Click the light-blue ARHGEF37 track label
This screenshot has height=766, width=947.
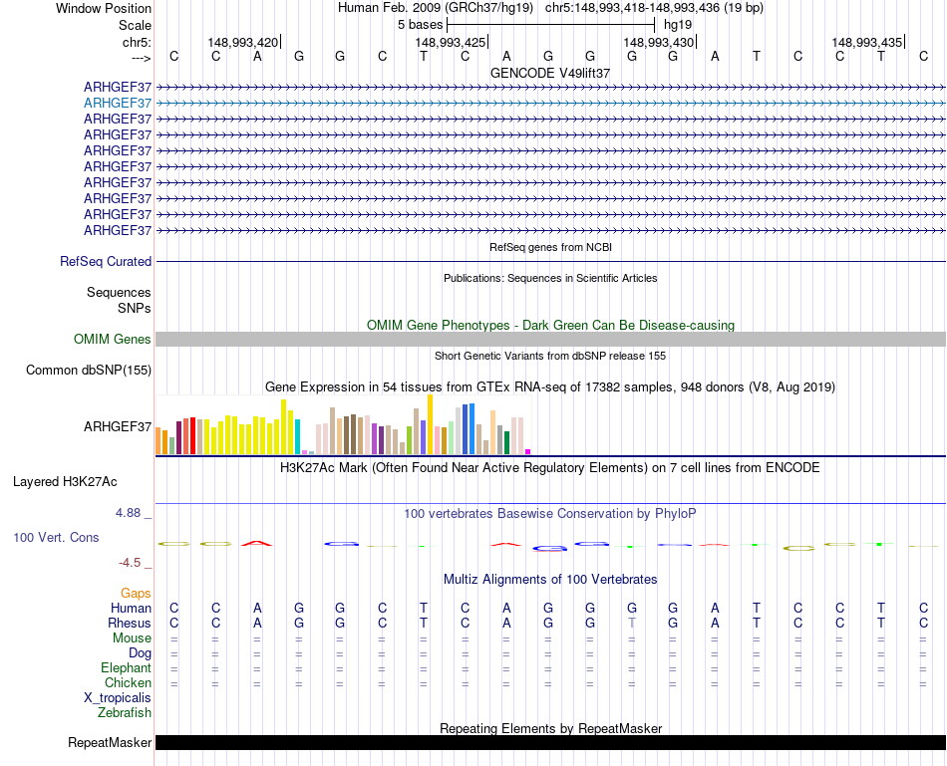click(118, 103)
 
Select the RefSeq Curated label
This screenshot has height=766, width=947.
click(106, 262)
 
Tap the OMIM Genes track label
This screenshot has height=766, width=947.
click(113, 340)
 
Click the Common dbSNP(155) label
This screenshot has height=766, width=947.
click(89, 371)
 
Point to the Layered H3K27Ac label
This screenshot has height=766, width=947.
click(65, 482)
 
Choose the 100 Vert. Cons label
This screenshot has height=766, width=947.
click(56, 537)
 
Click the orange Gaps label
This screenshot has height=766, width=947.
click(136, 594)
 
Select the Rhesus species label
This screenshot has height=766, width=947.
click(129, 624)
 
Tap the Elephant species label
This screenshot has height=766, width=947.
click(126, 668)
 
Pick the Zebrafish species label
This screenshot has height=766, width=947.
click(125, 713)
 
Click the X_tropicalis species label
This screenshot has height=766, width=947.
click(118, 698)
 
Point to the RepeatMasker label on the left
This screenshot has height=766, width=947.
click(110, 743)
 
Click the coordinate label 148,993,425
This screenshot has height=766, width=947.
click(451, 42)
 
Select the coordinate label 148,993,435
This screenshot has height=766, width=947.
click(866, 42)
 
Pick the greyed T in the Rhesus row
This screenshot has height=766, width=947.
click(632, 624)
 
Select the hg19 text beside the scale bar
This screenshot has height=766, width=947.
click(678, 24)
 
